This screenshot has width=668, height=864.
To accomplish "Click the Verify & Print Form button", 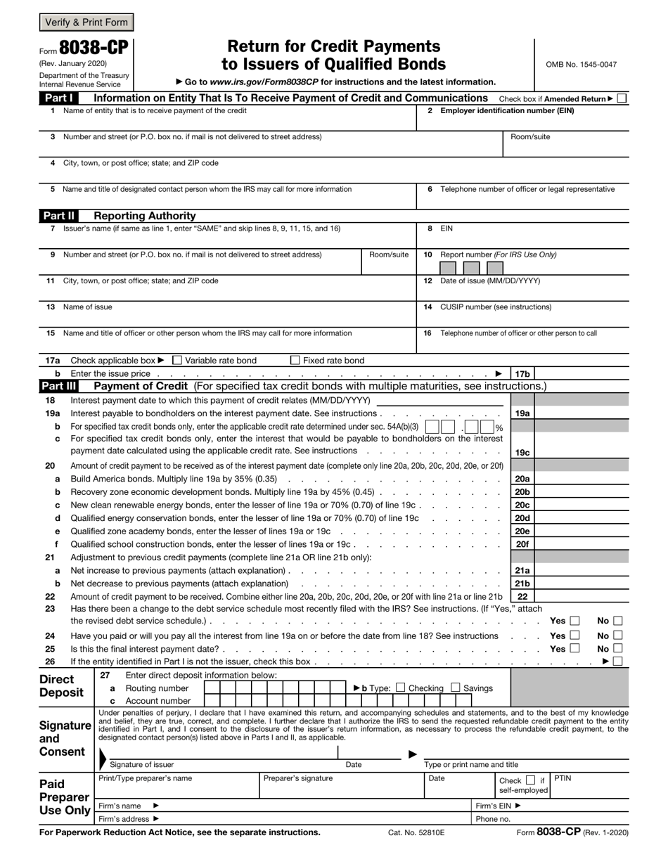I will tap(86, 22).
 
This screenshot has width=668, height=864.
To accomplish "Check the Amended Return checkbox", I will tap(622, 98).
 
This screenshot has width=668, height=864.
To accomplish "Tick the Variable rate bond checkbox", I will tap(177, 361).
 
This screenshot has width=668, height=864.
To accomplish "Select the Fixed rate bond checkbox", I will tap(295, 361).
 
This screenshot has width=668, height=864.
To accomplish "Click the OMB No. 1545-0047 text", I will tap(581, 65).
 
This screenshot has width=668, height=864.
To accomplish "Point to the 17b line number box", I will tap(522, 374).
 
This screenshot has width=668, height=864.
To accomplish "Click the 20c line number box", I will tap(522, 505).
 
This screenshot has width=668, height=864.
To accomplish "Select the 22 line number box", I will tap(522, 596).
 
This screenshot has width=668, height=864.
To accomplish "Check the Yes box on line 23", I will tap(574, 621).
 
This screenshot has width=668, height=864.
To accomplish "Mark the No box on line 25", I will tap(618, 648).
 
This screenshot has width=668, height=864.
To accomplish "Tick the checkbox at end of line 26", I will tap(618, 662).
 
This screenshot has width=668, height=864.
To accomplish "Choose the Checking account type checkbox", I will tap(401, 688).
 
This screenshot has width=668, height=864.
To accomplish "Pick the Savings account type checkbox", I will tap(456, 688).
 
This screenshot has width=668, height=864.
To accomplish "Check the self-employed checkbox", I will tap(531, 780).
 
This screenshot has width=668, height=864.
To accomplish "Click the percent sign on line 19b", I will tap(499, 427).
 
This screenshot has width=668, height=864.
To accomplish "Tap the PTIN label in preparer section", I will tap(563, 778).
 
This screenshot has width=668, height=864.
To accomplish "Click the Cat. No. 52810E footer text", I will tap(416, 832).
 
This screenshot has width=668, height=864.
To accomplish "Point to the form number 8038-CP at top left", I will tap(94, 48).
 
